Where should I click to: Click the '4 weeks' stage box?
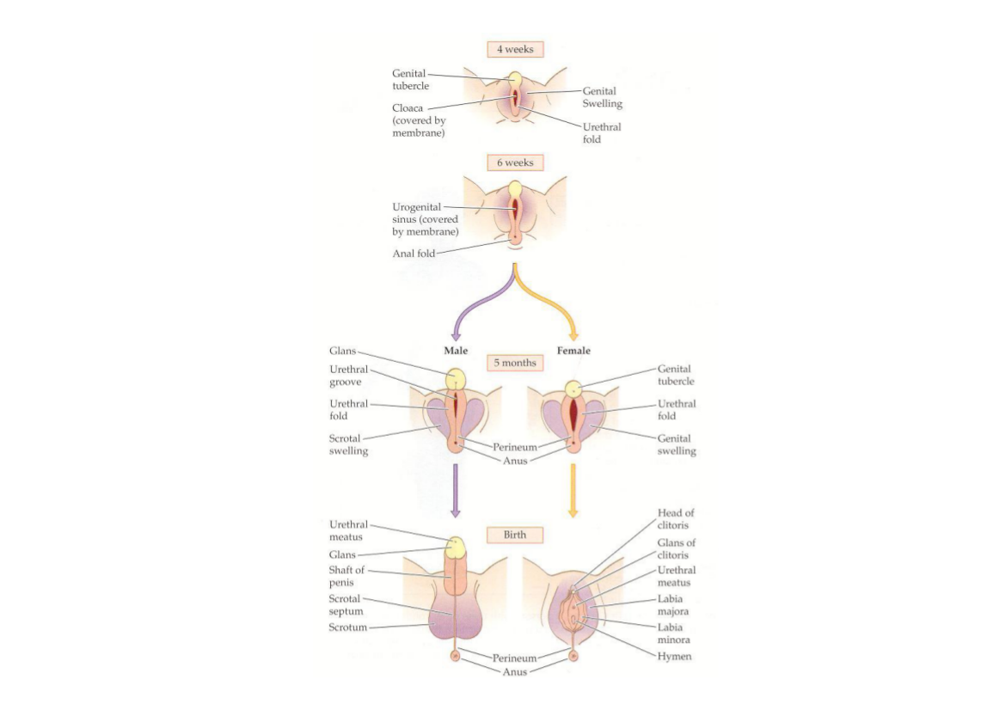[515, 49]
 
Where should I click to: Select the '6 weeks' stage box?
[515, 162]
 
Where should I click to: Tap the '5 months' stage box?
[515, 363]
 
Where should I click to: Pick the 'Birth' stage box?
[515, 535]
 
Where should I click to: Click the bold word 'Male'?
[456, 351]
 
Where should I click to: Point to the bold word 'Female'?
[573, 351]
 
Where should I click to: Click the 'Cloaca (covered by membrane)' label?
[419, 120]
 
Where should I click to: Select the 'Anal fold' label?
[414, 254]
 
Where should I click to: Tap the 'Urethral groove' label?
[349, 376]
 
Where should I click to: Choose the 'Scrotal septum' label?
[346, 605]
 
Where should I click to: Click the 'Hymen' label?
[674, 656]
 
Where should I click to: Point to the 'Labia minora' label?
[674, 633]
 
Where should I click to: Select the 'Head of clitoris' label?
[676, 519]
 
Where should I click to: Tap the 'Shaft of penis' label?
[346, 576]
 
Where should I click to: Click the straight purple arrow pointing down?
[456, 490]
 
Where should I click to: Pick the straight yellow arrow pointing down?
[573, 490]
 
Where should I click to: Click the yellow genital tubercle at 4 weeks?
[515, 80]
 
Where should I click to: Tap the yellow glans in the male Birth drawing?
[455, 548]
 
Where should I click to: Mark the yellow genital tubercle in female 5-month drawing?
[573, 389]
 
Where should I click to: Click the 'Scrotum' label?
[348, 627]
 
